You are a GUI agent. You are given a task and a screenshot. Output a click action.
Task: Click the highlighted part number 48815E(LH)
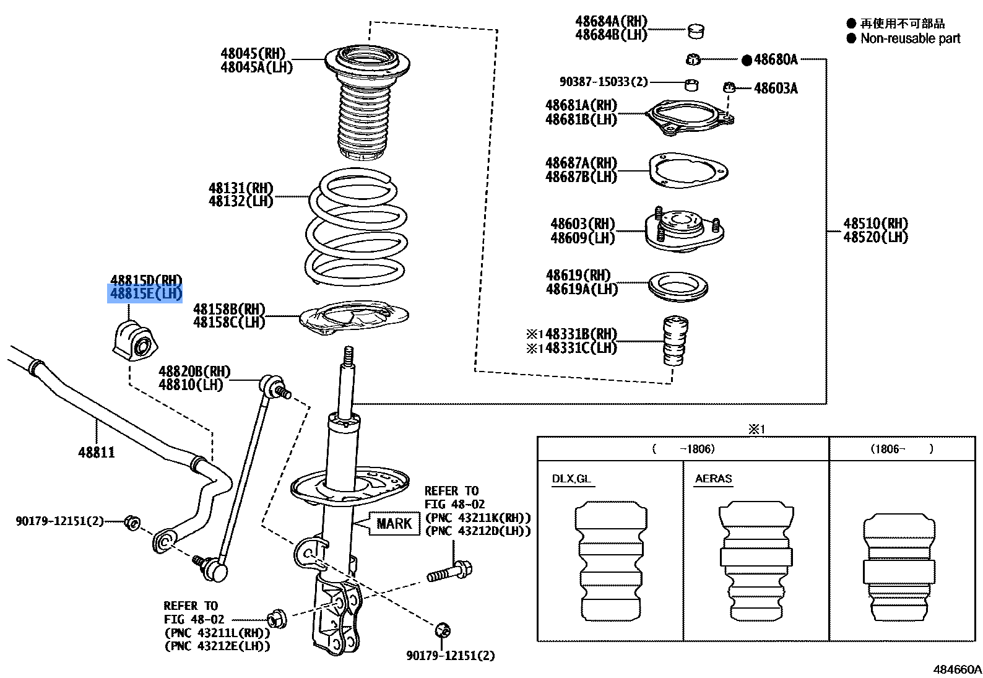[145, 293]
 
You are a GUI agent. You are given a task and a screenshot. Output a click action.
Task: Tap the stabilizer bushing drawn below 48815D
[135, 341]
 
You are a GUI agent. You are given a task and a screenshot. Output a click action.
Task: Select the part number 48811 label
[97, 453]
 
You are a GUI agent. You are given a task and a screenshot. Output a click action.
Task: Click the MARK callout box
[394, 524]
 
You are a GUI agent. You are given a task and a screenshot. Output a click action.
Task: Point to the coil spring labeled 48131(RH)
[357, 229]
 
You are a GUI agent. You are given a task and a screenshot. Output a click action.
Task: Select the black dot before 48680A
[747, 60]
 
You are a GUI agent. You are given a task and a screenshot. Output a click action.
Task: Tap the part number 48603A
[776, 89]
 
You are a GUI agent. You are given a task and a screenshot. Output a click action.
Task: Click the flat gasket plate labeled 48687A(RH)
[688, 172]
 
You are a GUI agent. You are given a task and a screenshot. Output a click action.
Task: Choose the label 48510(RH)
[875, 224]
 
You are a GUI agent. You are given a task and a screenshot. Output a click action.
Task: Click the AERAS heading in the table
[713, 479]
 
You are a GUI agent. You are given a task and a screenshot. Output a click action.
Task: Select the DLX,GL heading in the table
[571, 479]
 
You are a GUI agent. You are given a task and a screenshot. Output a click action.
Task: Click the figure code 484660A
[957, 669]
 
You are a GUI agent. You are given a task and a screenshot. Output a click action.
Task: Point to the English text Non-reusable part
[910, 38]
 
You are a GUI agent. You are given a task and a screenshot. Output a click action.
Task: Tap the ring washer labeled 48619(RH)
[678, 287]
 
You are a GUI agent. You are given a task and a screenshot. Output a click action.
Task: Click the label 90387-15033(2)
[603, 82]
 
